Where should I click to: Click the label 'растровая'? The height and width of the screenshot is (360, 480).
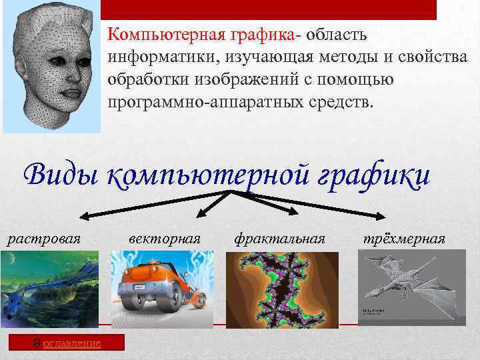[43, 237]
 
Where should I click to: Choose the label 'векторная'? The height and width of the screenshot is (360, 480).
[164, 237]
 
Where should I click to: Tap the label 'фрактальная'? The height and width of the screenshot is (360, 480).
[280, 237]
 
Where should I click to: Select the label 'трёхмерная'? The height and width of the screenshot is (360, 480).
[404, 237]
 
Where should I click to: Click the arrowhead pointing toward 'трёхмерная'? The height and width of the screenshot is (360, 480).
[379, 215]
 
